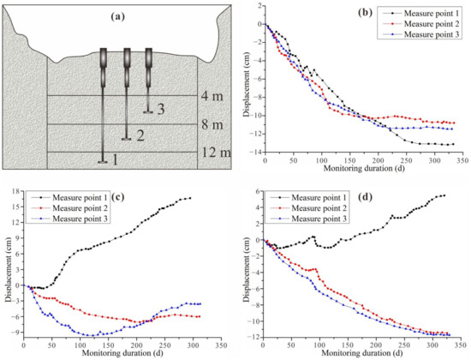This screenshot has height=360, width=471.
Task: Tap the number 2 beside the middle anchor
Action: click(140, 135)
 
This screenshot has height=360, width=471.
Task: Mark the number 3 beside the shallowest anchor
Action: click(161, 107)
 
